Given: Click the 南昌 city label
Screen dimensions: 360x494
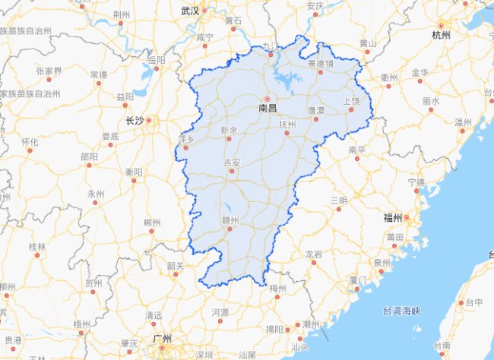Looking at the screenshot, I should pos(268,109).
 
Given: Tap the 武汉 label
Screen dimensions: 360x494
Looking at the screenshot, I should pos(189,11).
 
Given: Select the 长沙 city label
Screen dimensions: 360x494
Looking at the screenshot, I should pos(135,120).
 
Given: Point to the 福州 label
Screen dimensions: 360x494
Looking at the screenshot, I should pos(392,218).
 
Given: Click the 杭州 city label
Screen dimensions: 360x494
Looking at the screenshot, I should pos(441,35).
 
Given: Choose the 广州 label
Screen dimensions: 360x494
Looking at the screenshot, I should pos(160,338).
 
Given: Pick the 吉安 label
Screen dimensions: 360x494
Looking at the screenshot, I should pos(232,163).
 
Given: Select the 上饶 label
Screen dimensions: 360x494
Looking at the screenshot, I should pos(351,101).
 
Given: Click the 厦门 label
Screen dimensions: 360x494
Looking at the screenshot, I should pos(358,280).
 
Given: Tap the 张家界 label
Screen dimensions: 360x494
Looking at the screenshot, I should pos(47,71).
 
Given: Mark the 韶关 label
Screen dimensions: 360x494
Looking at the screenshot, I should pos(176,265).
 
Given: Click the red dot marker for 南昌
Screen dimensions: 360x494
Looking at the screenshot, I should pos(268,99).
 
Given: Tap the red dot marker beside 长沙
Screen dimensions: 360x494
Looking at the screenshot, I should pos(149,120).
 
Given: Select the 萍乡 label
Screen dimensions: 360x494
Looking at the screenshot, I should pos(187,139).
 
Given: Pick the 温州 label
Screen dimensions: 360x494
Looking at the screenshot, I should pos(463,122).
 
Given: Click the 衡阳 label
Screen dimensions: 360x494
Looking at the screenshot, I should pos(134,172).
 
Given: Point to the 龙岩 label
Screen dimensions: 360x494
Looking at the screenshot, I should pos(313,253).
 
